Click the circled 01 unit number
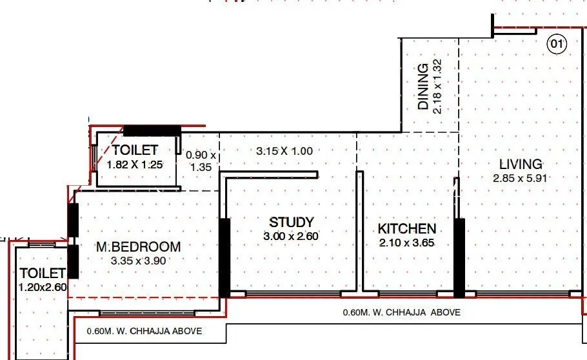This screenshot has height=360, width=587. (556, 45)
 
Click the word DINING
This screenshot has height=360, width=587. (423, 86)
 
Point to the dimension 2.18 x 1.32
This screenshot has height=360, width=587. (437, 86)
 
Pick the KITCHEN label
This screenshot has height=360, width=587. (406, 228)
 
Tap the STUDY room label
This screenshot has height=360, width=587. (292, 223)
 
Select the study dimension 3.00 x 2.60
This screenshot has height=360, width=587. (292, 237)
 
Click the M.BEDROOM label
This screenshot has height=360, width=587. (138, 246)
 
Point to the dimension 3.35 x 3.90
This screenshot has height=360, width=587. (138, 261)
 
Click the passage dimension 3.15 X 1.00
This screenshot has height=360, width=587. (284, 152)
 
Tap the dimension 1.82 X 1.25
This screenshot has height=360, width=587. (135, 165)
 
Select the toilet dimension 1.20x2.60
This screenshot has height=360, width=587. (42, 287)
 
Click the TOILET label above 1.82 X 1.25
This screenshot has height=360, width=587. (135, 150)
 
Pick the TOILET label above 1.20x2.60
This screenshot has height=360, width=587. (42, 273)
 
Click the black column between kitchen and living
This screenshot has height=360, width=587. (459, 258)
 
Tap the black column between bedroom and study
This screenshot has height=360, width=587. (224, 258)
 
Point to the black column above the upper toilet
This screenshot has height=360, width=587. (152, 130)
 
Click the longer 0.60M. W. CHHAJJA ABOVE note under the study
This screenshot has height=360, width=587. (401, 312)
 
